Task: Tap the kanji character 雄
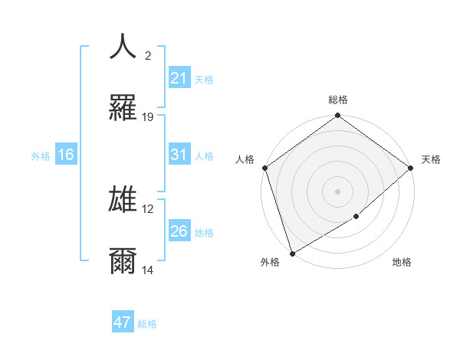pyautogui.click(x=123, y=200)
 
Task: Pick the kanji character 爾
pyautogui.click(x=123, y=261)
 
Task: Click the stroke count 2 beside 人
pyautogui.click(x=147, y=56)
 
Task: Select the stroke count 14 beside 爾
pyautogui.click(x=148, y=270)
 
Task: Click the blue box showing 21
pyautogui.click(x=179, y=78)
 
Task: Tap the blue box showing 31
pyautogui.click(x=179, y=155)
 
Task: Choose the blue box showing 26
pyautogui.click(x=179, y=231)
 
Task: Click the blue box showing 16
pyautogui.click(x=66, y=155)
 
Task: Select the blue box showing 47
pyautogui.click(x=123, y=322)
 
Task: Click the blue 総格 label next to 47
pyautogui.click(x=147, y=324)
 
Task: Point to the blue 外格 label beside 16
pyautogui.click(x=41, y=155)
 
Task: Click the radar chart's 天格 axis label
pyautogui.click(x=431, y=159)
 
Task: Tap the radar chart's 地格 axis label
pyautogui.click(x=402, y=262)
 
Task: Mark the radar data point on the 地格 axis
pyautogui.click(x=356, y=217)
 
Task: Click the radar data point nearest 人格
pyautogui.click(x=264, y=168)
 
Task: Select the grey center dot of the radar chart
pyautogui.click(x=337, y=191)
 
